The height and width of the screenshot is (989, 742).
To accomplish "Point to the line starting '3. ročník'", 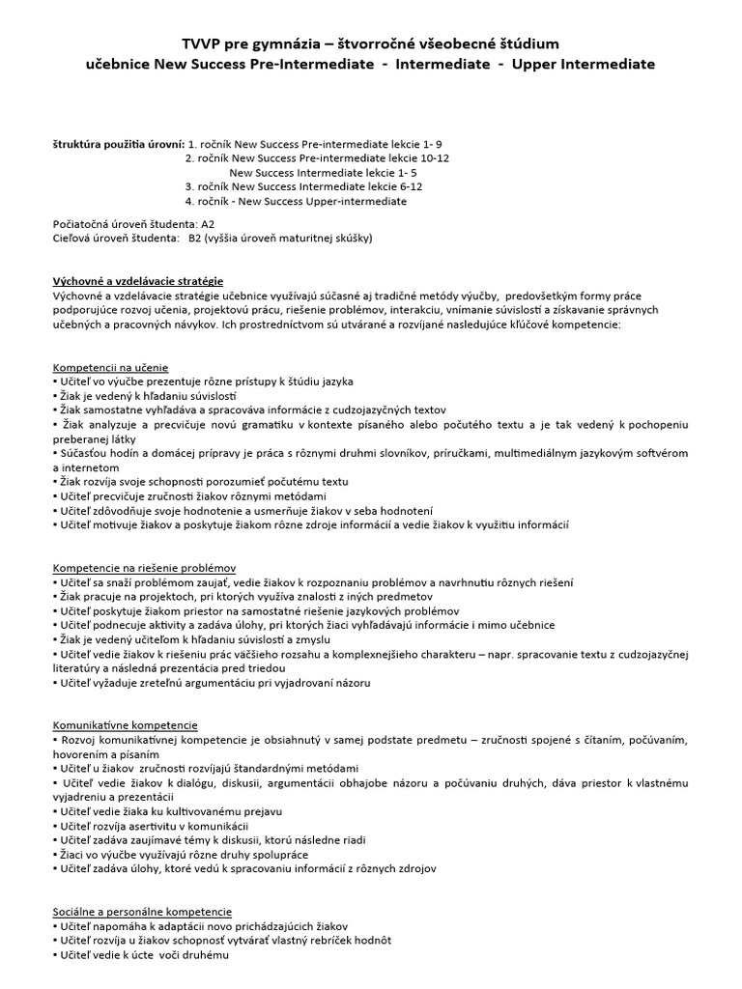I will (x=304, y=186).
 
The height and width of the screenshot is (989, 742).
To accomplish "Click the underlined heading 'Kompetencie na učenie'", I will (x=110, y=368).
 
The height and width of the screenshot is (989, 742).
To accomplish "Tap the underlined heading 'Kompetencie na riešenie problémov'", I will (x=145, y=568).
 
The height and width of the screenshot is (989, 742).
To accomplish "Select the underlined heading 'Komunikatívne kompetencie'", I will (x=125, y=724).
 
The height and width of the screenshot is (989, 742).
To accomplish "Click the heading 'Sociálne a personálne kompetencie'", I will (x=142, y=911).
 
